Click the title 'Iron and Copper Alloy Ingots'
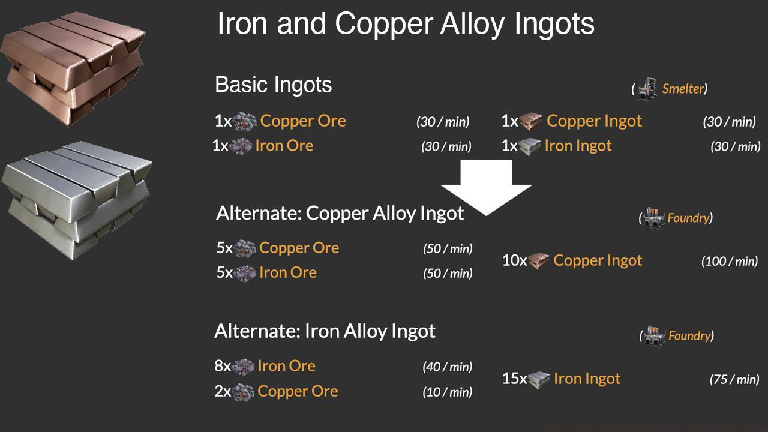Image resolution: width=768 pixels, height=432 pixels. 406,24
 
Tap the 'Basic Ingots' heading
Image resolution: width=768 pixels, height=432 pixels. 273,85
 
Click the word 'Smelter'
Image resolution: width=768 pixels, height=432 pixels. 682,89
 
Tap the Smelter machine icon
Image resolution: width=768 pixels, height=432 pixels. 647,89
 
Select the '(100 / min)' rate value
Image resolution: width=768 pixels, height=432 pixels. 729,261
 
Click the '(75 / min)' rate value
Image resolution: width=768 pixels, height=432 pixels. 734,379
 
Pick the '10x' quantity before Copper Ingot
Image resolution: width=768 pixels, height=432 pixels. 514,260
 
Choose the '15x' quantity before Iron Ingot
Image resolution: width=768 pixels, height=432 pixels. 514,379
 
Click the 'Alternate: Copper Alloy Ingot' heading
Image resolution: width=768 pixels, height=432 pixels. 340,213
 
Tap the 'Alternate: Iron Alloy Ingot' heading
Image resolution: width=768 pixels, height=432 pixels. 325,331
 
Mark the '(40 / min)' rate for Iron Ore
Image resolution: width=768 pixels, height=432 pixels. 447,367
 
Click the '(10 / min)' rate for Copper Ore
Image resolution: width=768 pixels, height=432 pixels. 447,392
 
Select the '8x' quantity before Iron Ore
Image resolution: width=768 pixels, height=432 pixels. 223,366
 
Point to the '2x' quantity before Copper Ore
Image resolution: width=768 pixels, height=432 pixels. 223,391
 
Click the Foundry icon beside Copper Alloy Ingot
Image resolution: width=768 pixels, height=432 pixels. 654,218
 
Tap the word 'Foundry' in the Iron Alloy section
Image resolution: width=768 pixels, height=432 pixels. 689,336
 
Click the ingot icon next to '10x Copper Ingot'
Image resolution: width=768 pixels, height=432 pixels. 539,261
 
